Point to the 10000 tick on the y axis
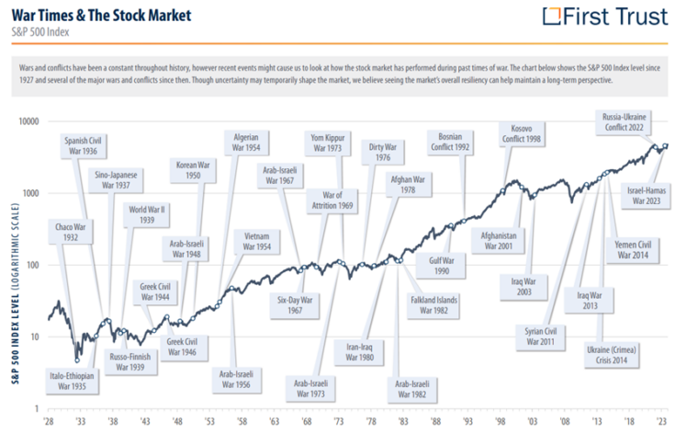(x=27, y=121)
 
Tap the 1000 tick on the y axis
(x=29, y=193)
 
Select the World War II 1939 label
(x=147, y=214)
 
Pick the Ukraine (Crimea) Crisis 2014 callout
(x=613, y=356)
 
